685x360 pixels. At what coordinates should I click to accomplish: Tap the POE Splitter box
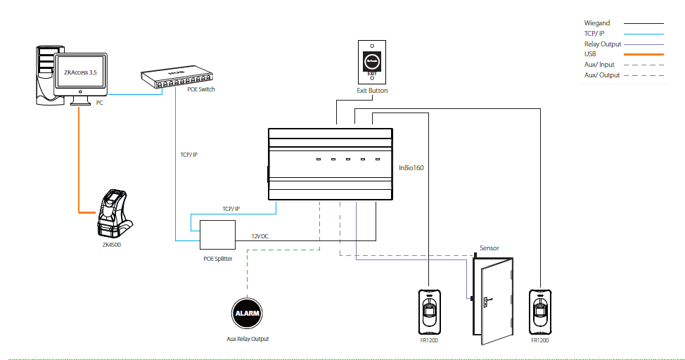[x=217, y=234]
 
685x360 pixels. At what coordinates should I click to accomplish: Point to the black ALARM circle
[x=247, y=314]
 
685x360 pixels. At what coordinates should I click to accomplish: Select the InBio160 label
[x=411, y=168]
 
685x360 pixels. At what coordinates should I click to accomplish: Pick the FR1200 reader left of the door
[x=429, y=311]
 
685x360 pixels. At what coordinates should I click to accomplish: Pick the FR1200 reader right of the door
[x=540, y=311]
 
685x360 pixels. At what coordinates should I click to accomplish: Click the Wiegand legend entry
[x=598, y=23]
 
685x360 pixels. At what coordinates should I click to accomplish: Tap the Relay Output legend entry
[x=603, y=44]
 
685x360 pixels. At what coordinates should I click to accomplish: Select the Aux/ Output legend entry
[x=602, y=75]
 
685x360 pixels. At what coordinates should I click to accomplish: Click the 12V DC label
[x=260, y=236]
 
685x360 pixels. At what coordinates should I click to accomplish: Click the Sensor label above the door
[x=489, y=248]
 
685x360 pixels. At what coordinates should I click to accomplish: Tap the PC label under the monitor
[x=100, y=103]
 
